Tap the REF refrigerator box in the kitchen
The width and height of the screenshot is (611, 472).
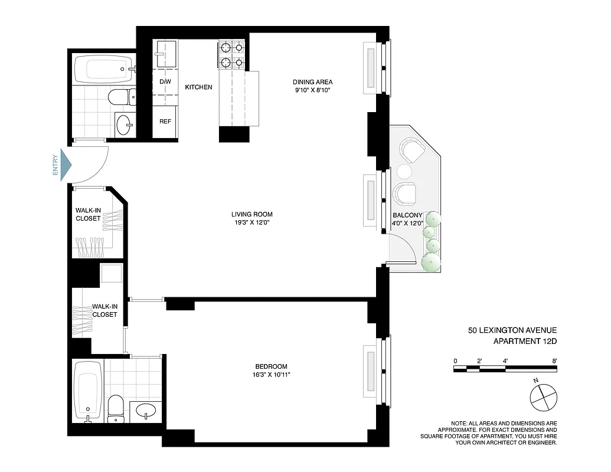point(165,122)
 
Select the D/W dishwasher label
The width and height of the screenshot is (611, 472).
point(165,81)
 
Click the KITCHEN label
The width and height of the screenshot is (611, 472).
point(198,87)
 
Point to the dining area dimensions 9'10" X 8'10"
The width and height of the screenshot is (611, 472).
point(312,91)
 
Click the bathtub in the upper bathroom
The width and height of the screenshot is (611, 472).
point(103,69)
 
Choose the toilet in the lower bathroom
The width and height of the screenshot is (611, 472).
point(116,407)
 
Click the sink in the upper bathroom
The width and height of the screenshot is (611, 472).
point(125,124)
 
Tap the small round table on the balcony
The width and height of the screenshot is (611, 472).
point(404,172)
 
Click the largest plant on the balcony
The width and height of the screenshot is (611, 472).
point(431,261)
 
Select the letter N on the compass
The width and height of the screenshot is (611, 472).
point(535,381)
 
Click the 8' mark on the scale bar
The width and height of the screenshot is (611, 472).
point(555,360)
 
